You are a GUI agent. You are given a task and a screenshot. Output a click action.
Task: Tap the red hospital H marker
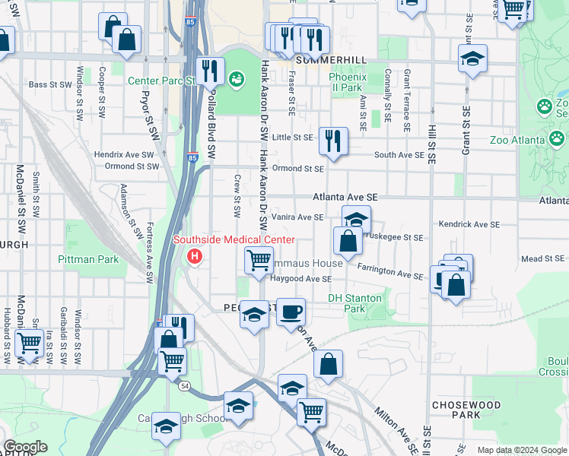pyautogui.click(x=195, y=256)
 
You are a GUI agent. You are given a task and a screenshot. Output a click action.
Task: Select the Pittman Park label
pyautogui.click(x=87, y=259)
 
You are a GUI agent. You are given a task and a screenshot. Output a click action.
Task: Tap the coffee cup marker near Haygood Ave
pyautogui.click(x=290, y=311)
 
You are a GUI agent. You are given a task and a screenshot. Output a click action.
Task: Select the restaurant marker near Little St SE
pyautogui.click(x=333, y=140)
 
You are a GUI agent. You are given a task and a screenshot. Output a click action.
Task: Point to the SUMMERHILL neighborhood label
pyautogui.click(x=331, y=59)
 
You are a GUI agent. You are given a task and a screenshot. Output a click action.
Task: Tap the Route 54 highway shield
pyautogui.click(x=185, y=386)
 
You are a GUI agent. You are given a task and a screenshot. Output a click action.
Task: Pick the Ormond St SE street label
pyautogui.click(x=298, y=168)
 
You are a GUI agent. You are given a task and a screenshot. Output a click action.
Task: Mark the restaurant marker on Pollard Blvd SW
pyautogui.click(x=211, y=71)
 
